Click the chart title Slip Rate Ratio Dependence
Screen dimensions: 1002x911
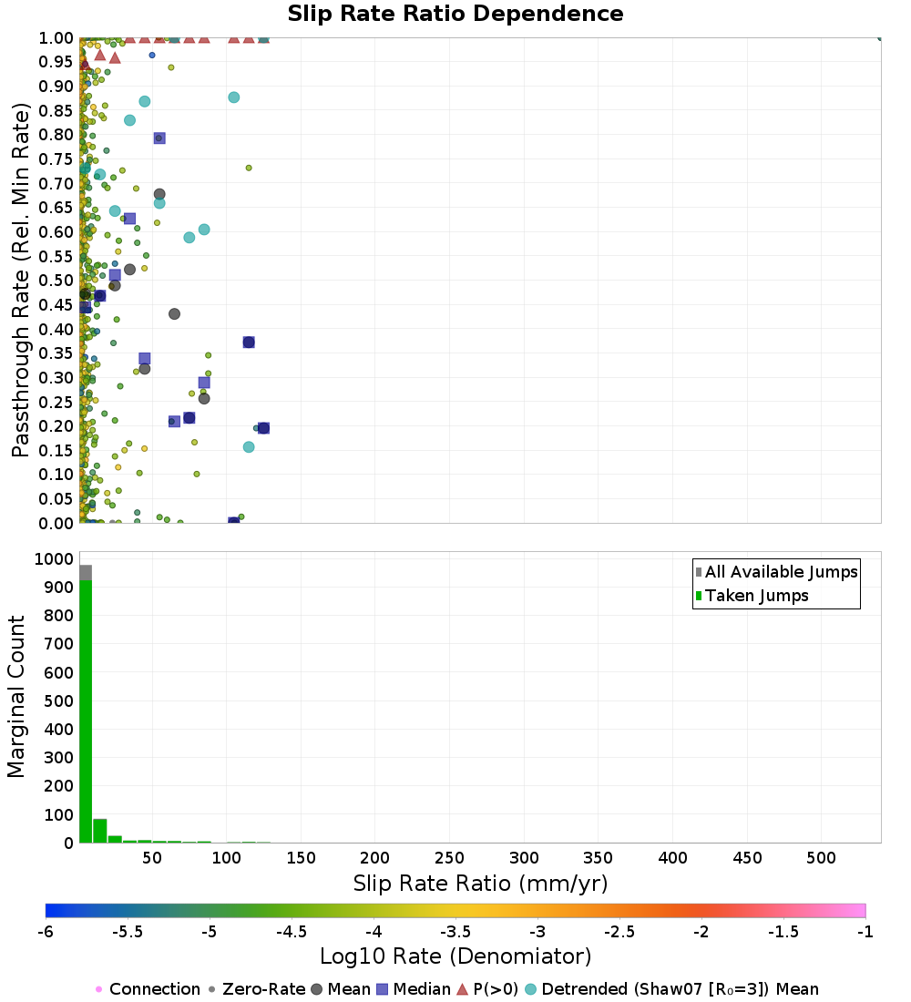(455, 15)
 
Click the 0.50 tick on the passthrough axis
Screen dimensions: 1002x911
(56, 281)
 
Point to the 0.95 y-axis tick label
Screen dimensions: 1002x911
(56, 62)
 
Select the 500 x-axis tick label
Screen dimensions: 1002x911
(822, 858)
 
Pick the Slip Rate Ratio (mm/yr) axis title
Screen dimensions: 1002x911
(480, 884)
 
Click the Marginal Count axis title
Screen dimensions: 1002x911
(16, 697)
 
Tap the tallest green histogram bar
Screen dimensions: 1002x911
(87, 711)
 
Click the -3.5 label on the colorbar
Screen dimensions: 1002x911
(455, 931)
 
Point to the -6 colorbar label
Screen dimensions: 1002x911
(46, 931)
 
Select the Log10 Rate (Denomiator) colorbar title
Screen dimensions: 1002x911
(455, 956)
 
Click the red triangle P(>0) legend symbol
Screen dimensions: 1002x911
(462, 989)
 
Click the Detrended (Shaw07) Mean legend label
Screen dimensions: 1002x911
(680, 989)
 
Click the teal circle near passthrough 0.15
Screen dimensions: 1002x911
(249, 446)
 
